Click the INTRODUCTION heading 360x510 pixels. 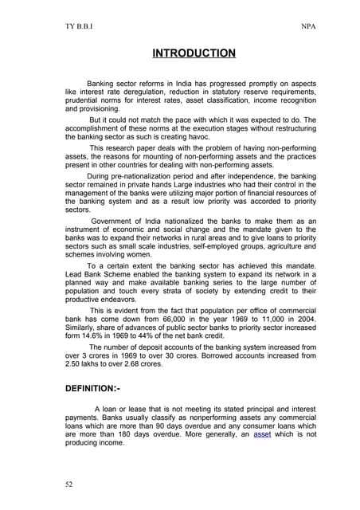(x=194, y=54)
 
